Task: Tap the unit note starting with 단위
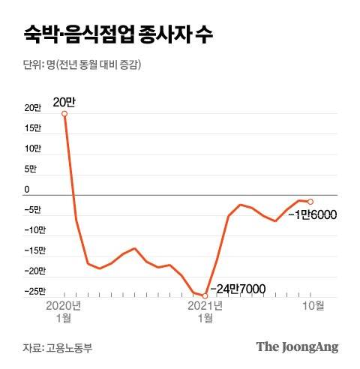(x=82, y=65)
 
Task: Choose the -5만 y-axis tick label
(x=34, y=210)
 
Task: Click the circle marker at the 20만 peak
(x=64, y=114)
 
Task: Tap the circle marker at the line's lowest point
(x=205, y=295)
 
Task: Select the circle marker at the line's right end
(x=310, y=201)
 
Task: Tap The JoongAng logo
(x=297, y=346)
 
